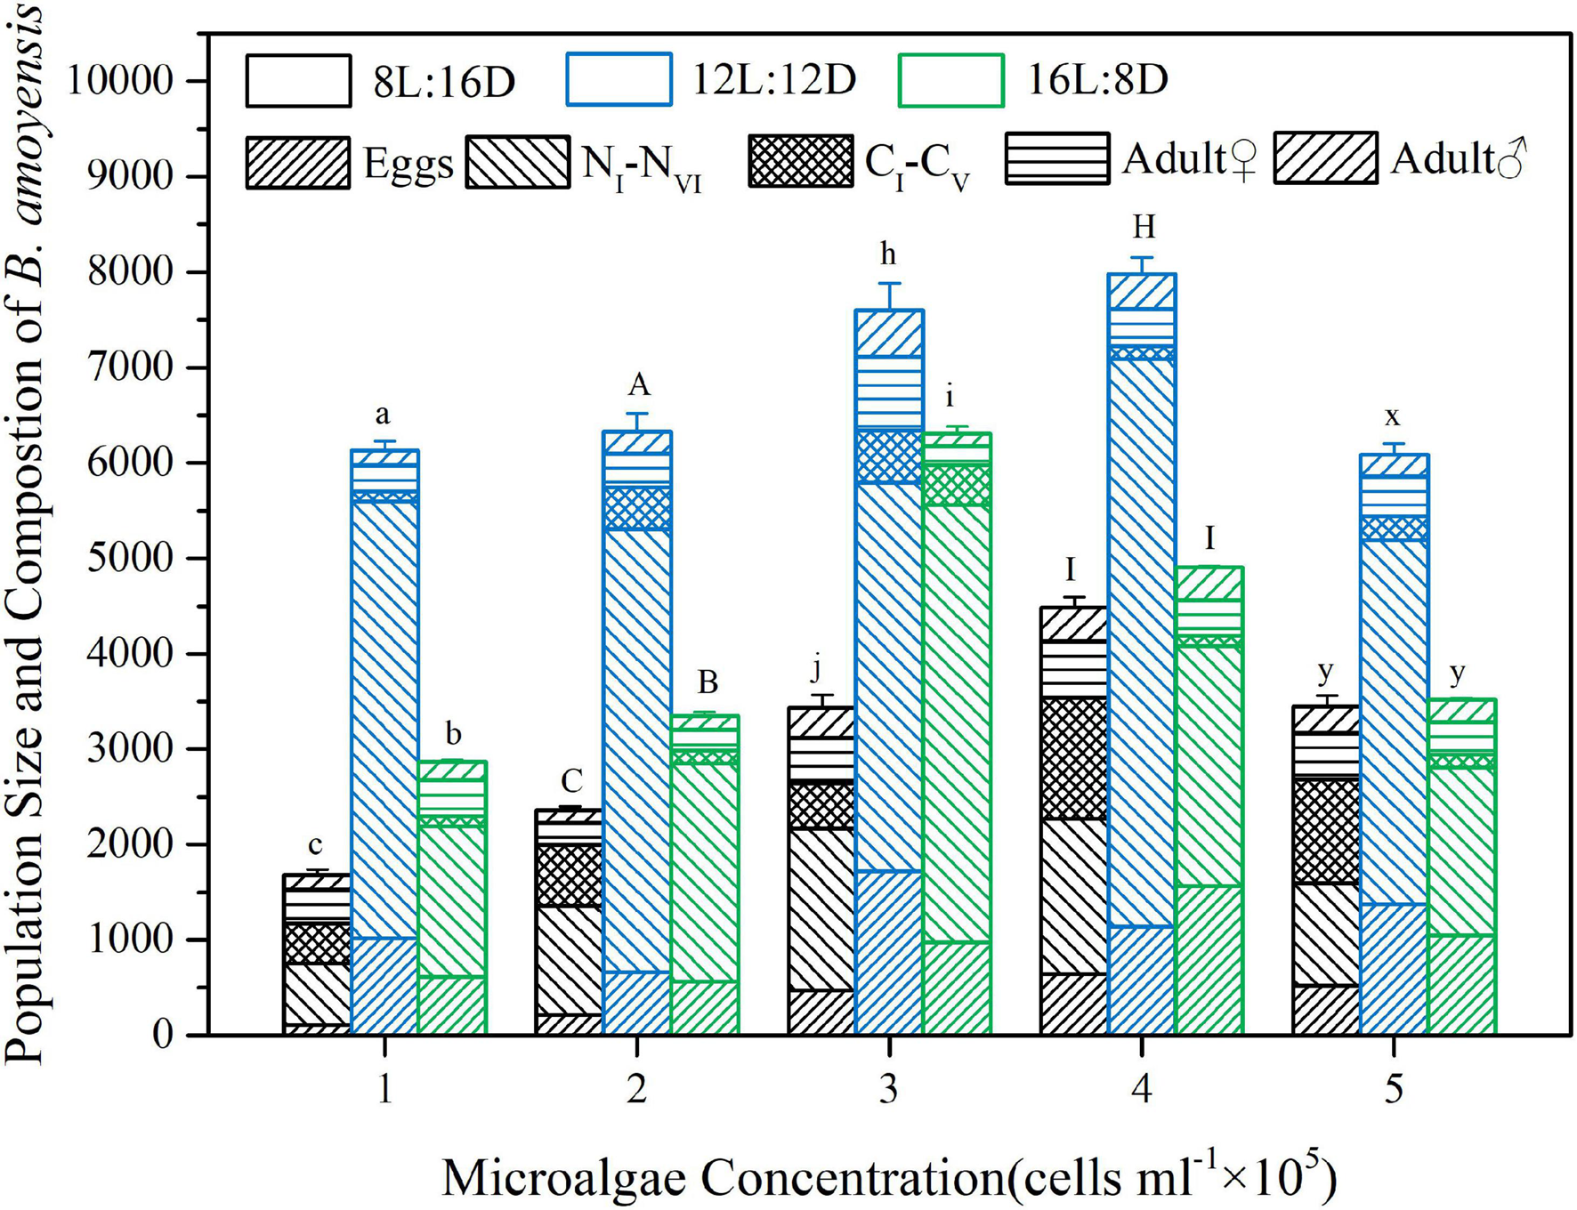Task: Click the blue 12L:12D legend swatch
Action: point(619,80)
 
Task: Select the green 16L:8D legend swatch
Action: point(950,81)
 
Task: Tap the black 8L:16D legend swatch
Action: point(298,81)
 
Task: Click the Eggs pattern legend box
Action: point(298,162)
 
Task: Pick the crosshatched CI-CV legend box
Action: point(800,161)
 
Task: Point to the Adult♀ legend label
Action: point(1189,159)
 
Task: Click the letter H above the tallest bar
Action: point(1144,228)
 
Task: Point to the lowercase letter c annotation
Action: point(315,845)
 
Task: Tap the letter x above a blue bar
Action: point(1393,415)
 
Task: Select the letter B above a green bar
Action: point(707,682)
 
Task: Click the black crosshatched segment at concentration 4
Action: point(1074,758)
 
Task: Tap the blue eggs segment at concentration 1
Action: point(384,986)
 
